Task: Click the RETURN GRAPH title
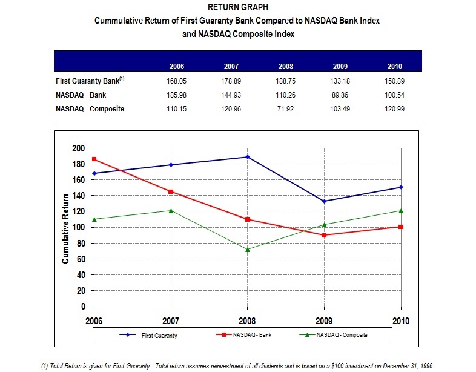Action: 237,8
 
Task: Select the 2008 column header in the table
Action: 286,67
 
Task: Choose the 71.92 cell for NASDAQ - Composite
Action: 286,109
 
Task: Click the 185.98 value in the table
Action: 176,95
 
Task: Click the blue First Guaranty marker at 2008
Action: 248,157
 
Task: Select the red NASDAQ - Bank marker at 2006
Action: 94,159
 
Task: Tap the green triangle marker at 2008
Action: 248,249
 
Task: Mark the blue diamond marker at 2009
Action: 325,201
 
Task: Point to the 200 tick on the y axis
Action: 79,148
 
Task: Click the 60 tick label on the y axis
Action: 81,259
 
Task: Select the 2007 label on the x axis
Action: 171,319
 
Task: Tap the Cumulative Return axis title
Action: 65,228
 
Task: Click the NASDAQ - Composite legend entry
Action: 342,335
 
